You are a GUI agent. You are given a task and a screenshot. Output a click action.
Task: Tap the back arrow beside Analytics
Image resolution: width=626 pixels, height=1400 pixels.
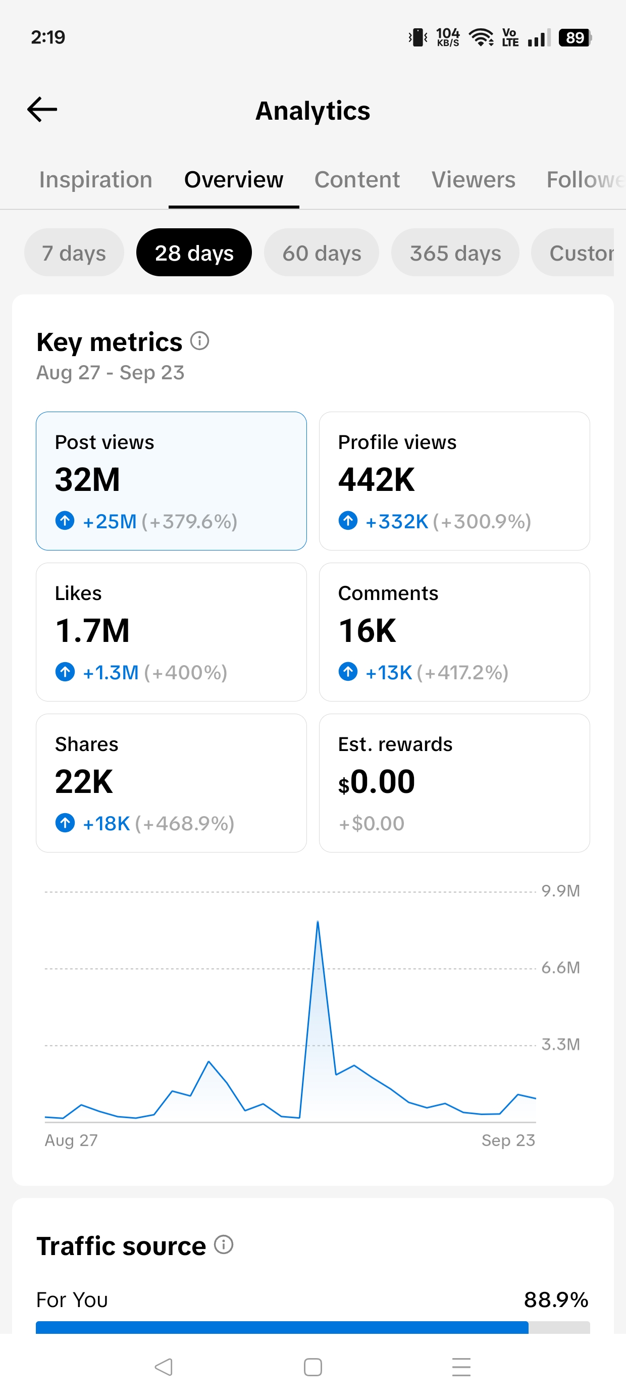(42, 109)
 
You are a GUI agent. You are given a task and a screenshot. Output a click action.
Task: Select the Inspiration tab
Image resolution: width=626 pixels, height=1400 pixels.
(95, 179)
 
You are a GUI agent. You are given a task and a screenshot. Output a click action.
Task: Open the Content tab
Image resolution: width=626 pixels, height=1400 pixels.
(357, 179)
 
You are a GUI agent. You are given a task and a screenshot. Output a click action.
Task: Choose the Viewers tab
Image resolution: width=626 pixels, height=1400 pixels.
(474, 179)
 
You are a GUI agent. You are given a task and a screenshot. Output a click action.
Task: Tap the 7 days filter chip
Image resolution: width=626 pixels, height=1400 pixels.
(74, 253)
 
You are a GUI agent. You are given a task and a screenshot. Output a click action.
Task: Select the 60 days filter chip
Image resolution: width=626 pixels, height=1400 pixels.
(322, 253)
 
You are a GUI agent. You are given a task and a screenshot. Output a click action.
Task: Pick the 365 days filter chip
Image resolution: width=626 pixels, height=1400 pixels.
(455, 253)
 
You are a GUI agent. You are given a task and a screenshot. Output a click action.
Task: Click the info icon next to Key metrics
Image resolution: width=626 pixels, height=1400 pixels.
(199, 341)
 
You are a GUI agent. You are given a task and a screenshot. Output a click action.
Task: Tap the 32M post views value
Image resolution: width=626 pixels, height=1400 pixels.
(87, 479)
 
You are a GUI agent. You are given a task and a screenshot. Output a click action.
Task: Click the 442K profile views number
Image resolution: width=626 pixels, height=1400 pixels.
(377, 479)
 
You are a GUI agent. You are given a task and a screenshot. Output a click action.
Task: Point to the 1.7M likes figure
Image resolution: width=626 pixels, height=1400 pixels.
(92, 630)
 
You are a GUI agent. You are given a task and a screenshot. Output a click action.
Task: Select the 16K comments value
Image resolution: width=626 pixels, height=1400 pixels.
(368, 630)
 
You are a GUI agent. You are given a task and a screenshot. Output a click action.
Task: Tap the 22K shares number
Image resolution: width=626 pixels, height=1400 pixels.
(84, 781)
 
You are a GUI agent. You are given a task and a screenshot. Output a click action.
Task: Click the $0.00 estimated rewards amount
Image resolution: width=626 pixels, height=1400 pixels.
(377, 781)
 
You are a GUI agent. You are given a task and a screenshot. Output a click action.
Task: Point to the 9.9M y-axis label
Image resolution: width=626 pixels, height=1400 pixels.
(561, 891)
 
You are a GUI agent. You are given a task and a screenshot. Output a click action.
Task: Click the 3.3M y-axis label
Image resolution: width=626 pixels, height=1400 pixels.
(561, 1044)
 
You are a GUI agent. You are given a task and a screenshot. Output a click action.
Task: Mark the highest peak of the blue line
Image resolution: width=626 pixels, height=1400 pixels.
(318, 922)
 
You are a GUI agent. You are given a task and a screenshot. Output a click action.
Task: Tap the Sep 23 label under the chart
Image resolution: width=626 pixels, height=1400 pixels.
(508, 1140)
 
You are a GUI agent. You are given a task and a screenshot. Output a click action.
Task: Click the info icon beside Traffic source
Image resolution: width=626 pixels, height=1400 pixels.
(223, 1244)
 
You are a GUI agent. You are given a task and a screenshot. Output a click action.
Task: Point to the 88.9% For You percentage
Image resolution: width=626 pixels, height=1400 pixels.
(556, 1299)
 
